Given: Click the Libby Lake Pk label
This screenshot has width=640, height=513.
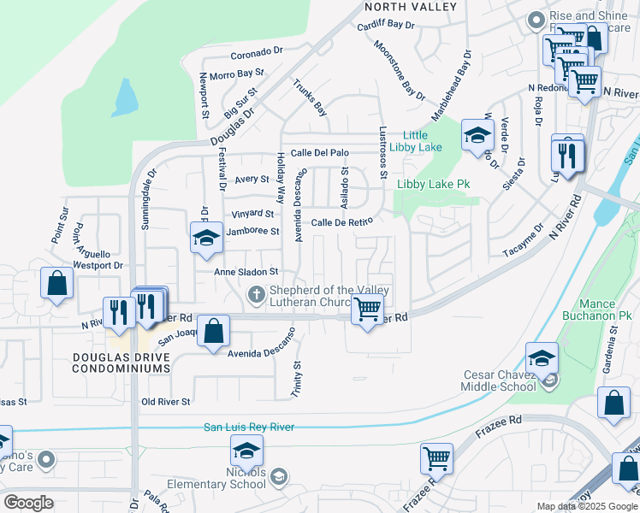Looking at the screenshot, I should pyautogui.click(x=434, y=184).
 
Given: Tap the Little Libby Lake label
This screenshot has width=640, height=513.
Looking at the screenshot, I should pyautogui.click(x=415, y=141).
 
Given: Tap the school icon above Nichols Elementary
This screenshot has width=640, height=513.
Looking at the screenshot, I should pyautogui.click(x=246, y=450).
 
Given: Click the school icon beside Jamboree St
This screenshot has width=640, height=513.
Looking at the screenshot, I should pyautogui.click(x=205, y=239).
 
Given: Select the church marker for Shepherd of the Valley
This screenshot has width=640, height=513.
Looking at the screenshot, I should pyautogui.click(x=255, y=296).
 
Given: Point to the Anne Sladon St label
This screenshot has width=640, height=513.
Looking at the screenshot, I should pyautogui.click(x=247, y=271).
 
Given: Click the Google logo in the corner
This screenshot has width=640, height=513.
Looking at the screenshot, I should pyautogui.click(x=28, y=502).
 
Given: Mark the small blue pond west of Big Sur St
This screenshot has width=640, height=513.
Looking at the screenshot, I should pyautogui.click(x=125, y=99).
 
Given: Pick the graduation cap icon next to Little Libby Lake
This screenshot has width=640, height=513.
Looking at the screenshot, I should pyautogui.click(x=477, y=134).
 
